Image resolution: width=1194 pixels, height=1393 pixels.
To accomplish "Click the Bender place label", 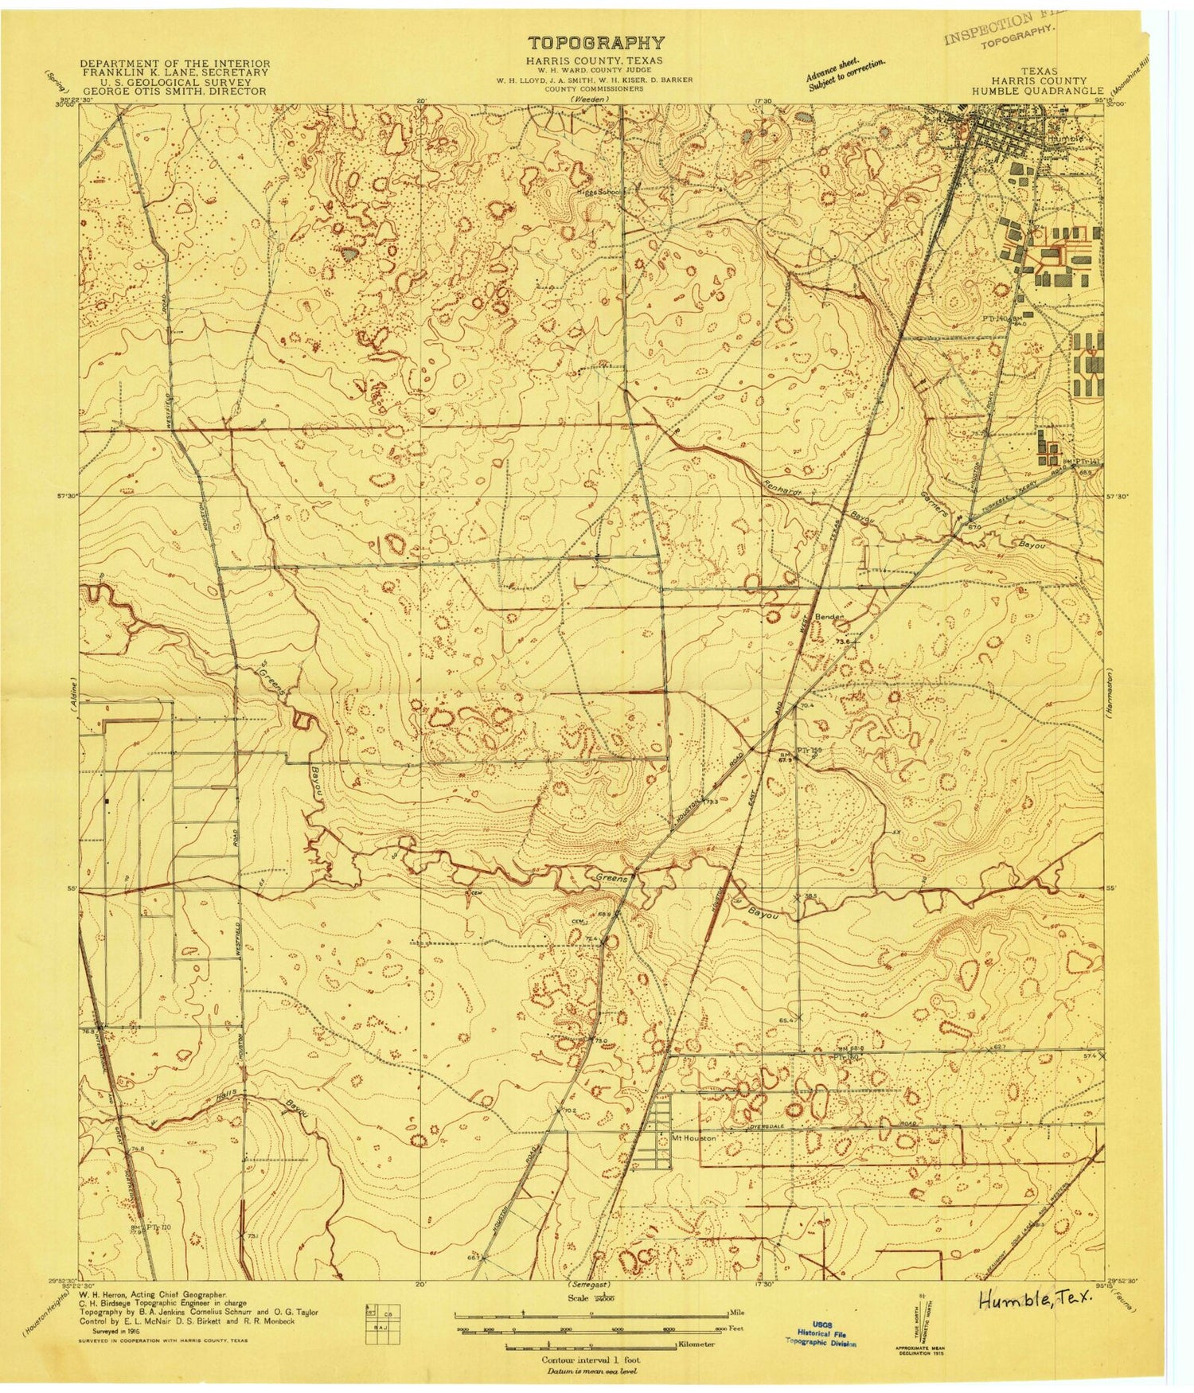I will [x=827, y=617].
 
